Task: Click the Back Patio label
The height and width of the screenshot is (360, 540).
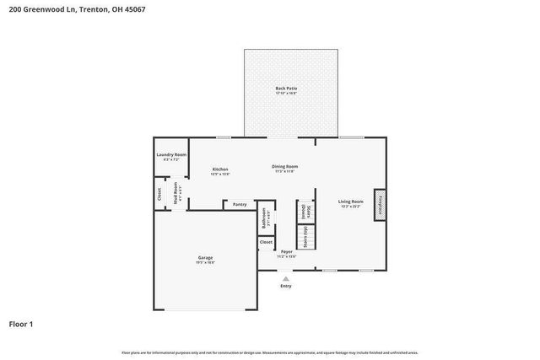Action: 286,89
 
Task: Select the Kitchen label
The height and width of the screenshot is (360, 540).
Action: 220,170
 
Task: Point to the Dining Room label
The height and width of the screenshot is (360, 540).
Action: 284,167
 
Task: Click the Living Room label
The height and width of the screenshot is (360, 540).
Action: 351,203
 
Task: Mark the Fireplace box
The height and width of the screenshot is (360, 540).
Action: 380,204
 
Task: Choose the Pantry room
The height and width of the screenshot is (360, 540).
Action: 240,204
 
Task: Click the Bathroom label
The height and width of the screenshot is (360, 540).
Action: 265,220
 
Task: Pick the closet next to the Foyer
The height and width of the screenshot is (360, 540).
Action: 266,243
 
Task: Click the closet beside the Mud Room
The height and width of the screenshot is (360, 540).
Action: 159,194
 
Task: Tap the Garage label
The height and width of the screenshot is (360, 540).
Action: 204,260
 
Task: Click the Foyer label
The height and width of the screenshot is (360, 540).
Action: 287,252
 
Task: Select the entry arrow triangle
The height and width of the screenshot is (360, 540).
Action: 286,277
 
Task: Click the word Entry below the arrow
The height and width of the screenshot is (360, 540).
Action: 286,286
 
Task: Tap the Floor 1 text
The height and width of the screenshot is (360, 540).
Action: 21,324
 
